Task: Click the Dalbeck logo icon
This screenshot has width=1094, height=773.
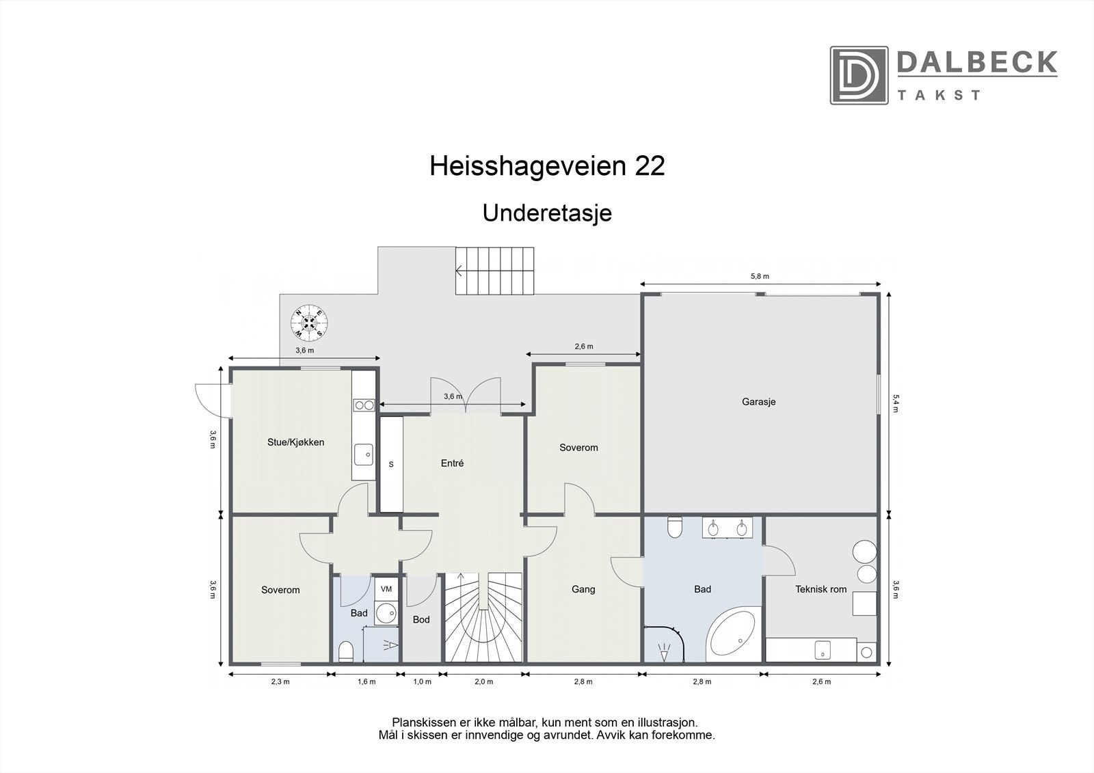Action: pyautogui.click(x=859, y=75)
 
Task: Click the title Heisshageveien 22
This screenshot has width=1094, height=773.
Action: pyautogui.click(x=547, y=166)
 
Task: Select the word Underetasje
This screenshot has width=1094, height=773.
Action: pyautogui.click(x=547, y=213)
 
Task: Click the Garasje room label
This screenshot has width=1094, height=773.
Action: pyautogui.click(x=758, y=402)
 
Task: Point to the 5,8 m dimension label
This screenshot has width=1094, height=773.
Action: pyautogui.click(x=760, y=277)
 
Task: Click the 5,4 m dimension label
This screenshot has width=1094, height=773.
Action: pyautogui.click(x=896, y=403)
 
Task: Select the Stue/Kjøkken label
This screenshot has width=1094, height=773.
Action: pyautogui.click(x=295, y=442)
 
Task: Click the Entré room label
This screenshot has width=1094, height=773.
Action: pyautogui.click(x=452, y=463)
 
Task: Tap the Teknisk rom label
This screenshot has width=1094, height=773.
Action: pyautogui.click(x=820, y=589)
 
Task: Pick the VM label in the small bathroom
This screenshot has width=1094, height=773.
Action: pyautogui.click(x=386, y=589)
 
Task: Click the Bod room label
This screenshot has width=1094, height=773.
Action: pyautogui.click(x=421, y=619)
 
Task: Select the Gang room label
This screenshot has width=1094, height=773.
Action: pyautogui.click(x=583, y=589)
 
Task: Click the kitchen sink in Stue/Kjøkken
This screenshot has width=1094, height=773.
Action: pyautogui.click(x=363, y=452)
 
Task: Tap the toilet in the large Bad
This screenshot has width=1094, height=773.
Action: pyautogui.click(x=675, y=527)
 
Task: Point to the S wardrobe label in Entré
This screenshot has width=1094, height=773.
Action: pyautogui.click(x=391, y=464)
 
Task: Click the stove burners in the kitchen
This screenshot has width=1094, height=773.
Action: pyautogui.click(x=364, y=405)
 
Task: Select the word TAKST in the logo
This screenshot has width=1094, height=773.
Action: pyautogui.click(x=939, y=95)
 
